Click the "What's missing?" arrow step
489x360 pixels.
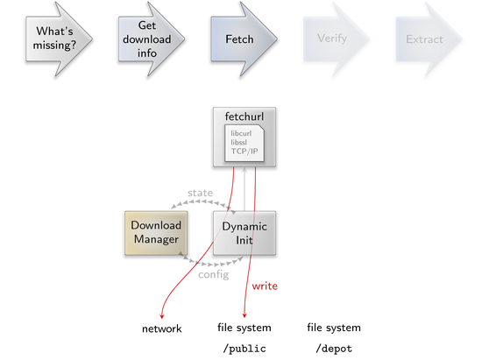tap(58, 39)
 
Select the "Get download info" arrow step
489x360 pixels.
tap(151, 39)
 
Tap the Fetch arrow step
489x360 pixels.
tap(243, 39)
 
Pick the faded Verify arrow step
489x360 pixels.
tap(336, 39)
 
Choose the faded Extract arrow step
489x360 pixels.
tap(428, 39)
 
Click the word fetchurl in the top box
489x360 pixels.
tap(244, 116)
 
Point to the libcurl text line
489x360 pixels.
tap(241, 133)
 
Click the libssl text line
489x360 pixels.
tap(239, 143)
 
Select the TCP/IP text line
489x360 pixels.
tap(244, 152)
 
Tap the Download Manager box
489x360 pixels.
tap(156, 233)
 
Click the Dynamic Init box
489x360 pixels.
tap(244, 233)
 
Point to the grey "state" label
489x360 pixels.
tap(200, 193)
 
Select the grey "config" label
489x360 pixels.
tap(214, 274)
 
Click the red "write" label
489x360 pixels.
tap(265, 286)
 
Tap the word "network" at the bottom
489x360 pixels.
tap(161, 328)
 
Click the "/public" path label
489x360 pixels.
tap(244, 349)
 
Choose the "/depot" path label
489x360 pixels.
tap(334, 349)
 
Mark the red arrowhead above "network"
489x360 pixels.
tap(161, 316)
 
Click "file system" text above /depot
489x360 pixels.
tap(334, 328)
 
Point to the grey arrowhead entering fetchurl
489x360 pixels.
tap(244, 170)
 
